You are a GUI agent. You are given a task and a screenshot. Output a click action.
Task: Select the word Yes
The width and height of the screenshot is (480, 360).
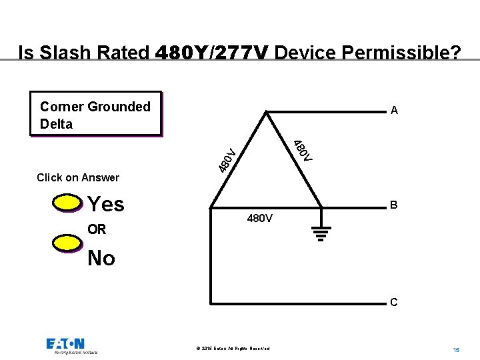[106, 204]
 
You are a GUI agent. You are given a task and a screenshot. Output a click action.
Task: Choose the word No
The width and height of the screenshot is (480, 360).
[101, 258]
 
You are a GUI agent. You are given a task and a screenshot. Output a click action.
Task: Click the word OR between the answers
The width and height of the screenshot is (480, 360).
[97, 229]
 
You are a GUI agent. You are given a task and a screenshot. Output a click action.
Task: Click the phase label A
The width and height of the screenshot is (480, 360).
[394, 111]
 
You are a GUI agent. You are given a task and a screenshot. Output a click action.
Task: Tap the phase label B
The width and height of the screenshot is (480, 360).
[394, 205]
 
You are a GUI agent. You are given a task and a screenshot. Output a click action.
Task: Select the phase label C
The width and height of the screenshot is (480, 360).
[394, 302]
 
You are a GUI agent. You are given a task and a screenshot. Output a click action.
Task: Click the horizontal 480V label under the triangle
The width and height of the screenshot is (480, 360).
[259, 218]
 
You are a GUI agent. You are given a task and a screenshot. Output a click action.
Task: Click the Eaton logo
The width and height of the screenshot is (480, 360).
[65, 345]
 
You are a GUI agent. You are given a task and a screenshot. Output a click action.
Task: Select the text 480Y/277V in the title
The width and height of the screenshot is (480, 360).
[212, 52]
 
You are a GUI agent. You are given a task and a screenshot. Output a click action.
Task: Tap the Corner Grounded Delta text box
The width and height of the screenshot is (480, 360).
[95, 115]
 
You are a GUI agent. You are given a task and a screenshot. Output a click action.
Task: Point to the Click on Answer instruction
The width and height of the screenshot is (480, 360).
[78, 177]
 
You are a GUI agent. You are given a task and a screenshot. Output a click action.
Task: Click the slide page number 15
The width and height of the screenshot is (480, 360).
[456, 349]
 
